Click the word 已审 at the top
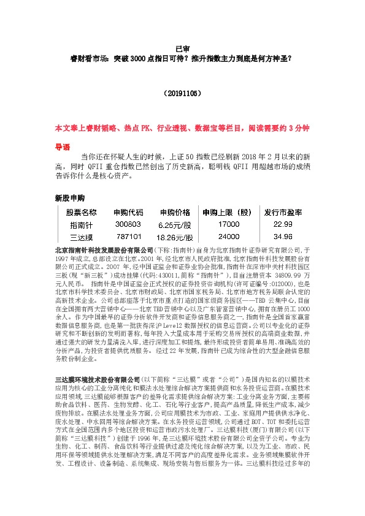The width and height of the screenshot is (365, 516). [182, 48]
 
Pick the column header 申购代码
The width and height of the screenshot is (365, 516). [129, 213]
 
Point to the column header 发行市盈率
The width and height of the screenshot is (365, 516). [283, 213]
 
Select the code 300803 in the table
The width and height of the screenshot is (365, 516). [128, 225]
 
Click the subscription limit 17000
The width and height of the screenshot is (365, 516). [228, 225]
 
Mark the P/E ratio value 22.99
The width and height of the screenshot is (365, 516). [283, 225]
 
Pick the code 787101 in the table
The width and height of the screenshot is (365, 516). [129, 236]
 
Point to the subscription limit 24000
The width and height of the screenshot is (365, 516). [228, 237]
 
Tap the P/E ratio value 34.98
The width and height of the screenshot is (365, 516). [283, 237]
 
